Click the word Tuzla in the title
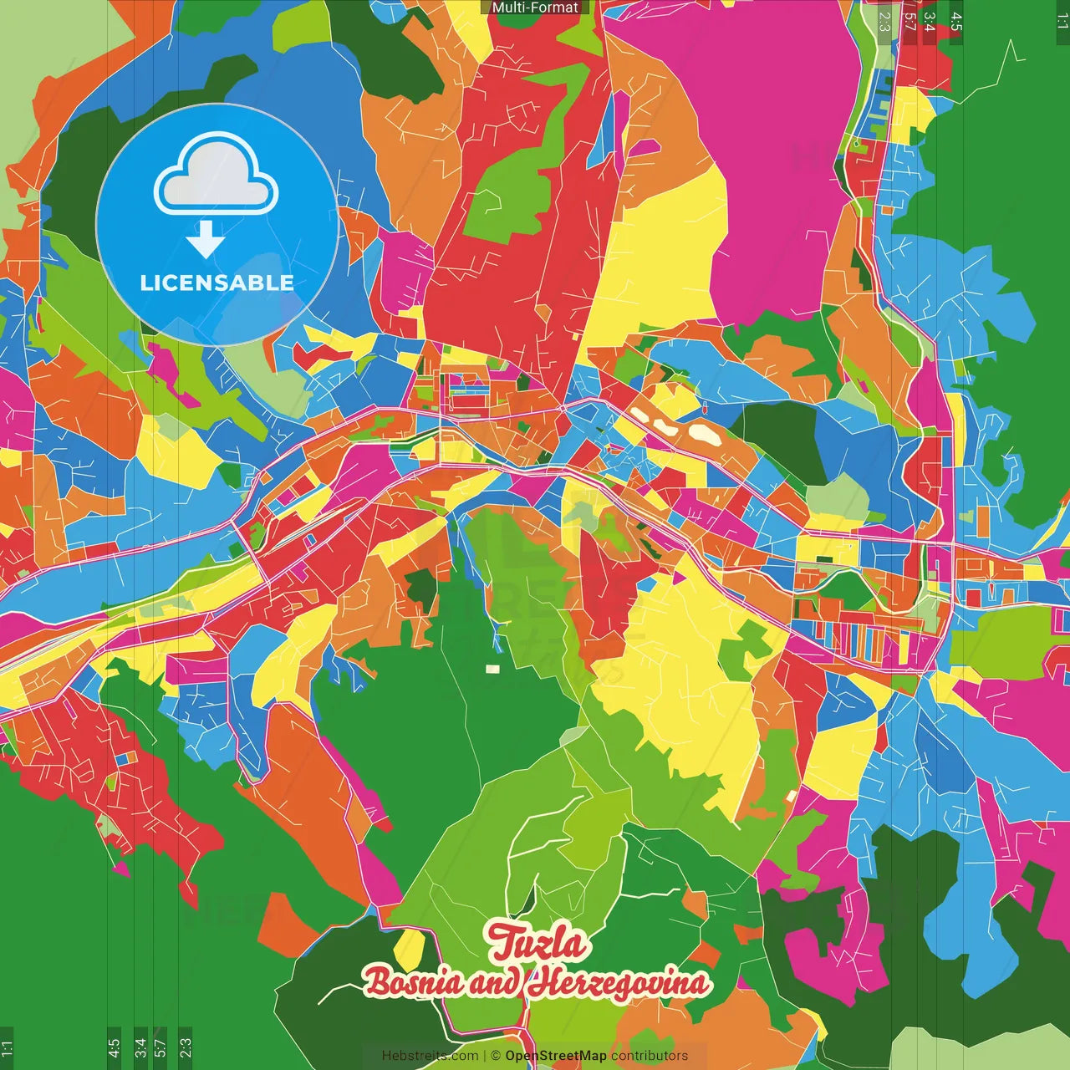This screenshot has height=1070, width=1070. pyautogui.click(x=537, y=943)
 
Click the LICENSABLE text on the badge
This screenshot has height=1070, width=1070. pyautogui.click(x=217, y=283)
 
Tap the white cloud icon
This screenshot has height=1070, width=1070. pyautogui.click(x=216, y=176)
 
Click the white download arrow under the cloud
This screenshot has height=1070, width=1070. pyautogui.click(x=206, y=239)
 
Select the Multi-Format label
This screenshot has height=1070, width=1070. pyautogui.click(x=535, y=8)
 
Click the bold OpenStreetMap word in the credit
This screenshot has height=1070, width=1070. pyautogui.click(x=556, y=1056)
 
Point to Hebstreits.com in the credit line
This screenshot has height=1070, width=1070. pyautogui.click(x=430, y=1056)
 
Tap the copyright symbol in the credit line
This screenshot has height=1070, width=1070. pyautogui.click(x=496, y=1056)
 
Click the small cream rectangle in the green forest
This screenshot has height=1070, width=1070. pyautogui.click(x=492, y=669)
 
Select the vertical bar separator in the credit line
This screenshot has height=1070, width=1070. pyautogui.click(x=485, y=1056)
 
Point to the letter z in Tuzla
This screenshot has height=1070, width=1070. pyautogui.click(x=544, y=945)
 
